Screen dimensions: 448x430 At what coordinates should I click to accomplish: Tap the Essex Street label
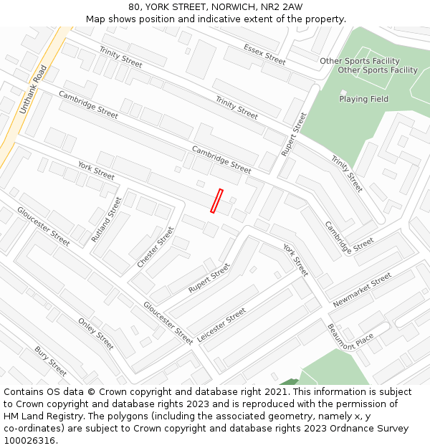(x=264, y=54)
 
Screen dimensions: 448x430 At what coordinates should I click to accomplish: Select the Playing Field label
(x=363, y=99)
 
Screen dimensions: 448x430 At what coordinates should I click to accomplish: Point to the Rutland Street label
(x=107, y=219)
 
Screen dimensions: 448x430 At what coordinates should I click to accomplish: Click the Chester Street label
(x=156, y=247)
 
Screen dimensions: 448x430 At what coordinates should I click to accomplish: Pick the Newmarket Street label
(x=362, y=290)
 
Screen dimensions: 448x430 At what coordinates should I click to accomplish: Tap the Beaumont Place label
(x=350, y=337)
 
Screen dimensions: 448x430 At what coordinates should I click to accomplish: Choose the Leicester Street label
(x=221, y=325)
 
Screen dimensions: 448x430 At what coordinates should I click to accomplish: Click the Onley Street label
(x=96, y=333)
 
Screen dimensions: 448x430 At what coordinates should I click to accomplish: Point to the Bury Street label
(x=51, y=361)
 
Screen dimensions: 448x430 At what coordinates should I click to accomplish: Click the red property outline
(x=216, y=201)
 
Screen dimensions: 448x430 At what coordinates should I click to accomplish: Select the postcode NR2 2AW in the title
(x=282, y=7)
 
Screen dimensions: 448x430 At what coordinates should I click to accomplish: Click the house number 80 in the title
(x=135, y=7)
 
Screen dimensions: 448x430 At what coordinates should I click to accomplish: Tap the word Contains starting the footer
(x=24, y=392)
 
